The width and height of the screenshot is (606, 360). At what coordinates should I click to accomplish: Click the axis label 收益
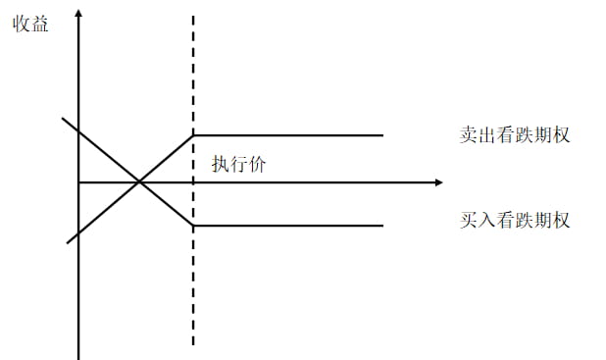pyautogui.click(x=30, y=23)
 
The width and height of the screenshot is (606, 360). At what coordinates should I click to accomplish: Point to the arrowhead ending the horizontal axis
pyautogui.click(x=437, y=182)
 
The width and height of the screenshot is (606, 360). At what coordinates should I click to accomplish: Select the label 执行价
pyautogui.click(x=238, y=164)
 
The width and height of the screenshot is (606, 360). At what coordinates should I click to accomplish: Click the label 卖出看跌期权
pyautogui.click(x=514, y=134)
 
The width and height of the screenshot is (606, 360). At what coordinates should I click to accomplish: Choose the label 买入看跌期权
pyautogui.click(x=514, y=220)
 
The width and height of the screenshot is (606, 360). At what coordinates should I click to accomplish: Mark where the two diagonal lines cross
pyautogui.click(x=139, y=182)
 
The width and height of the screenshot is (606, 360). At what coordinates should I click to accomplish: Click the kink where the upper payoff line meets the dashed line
pyautogui.click(x=193, y=134)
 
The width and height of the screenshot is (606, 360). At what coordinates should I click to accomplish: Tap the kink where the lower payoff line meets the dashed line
pyautogui.click(x=193, y=226)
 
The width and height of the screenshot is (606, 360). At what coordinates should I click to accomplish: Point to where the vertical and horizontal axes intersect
pyautogui.click(x=78, y=182)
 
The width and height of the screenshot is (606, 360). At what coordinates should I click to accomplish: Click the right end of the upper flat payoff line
pyautogui.click(x=382, y=134)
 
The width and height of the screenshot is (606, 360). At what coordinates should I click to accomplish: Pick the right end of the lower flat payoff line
pyautogui.click(x=382, y=226)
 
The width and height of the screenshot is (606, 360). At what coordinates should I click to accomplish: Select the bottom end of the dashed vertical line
pyautogui.click(x=193, y=345)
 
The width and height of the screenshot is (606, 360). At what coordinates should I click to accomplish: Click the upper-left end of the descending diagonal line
pyautogui.click(x=63, y=119)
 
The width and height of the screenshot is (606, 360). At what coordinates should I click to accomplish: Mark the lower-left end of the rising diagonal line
pyautogui.click(x=67, y=241)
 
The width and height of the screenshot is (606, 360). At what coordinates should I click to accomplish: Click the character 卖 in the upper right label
pyautogui.click(x=468, y=134)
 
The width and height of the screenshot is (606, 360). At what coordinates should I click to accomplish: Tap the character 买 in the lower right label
pyautogui.click(x=468, y=220)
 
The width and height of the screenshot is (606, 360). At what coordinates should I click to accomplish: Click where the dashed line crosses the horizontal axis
pyautogui.click(x=193, y=182)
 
